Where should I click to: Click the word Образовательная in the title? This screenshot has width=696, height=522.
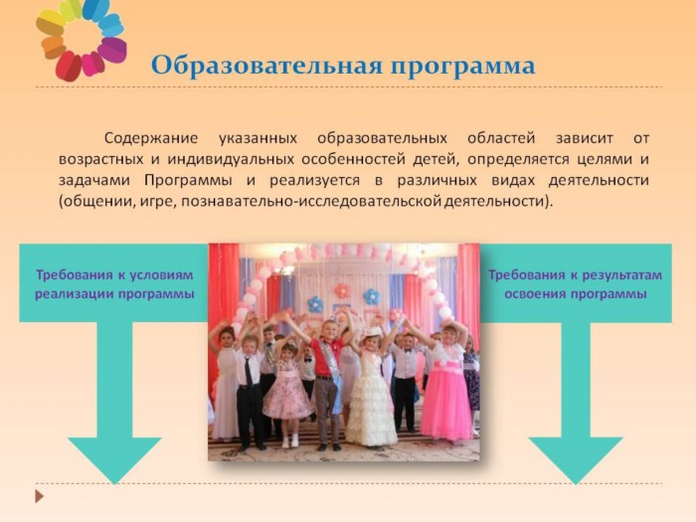tap(266, 66)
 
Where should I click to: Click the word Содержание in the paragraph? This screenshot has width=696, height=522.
tap(151, 138)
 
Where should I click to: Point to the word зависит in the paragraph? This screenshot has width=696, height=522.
tap(585, 138)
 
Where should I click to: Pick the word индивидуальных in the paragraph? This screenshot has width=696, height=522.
tap(231, 159)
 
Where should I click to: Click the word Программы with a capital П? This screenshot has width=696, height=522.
tap(188, 181)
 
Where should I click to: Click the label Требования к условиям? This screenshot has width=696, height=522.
tap(114, 275)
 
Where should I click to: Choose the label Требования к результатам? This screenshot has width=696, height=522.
tap(576, 275)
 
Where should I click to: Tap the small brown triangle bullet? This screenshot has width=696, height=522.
tap(40, 496)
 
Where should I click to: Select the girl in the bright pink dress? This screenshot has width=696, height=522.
tap(446, 382)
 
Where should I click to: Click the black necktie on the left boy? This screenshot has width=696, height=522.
tap(248, 371)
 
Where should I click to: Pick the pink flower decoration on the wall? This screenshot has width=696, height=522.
tap(342, 291)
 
